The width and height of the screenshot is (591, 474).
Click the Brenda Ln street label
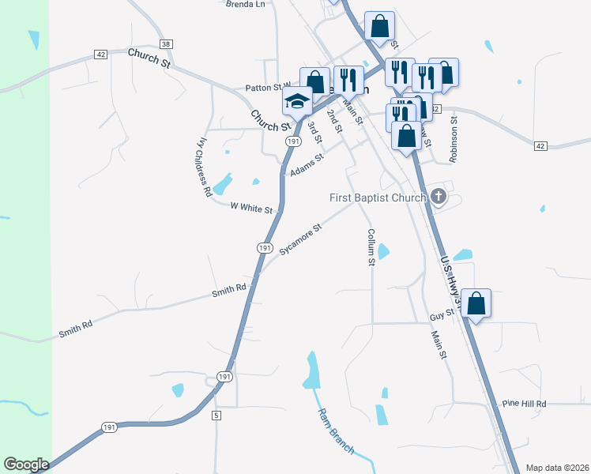click(x=245, y=4)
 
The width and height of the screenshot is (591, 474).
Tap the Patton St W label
click(x=269, y=88)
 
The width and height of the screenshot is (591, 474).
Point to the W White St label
click(x=251, y=209)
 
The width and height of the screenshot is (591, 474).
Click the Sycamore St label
click(x=301, y=239)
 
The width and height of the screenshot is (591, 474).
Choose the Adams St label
click(x=307, y=165)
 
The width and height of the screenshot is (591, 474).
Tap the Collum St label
click(x=371, y=247)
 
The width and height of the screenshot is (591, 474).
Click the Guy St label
click(x=442, y=314)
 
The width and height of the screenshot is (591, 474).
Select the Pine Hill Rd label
click(x=524, y=404)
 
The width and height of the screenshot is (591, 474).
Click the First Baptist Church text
click(x=378, y=197)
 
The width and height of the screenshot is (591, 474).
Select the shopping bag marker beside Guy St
click(x=476, y=303)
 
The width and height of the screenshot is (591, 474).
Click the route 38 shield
click(x=165, y=44)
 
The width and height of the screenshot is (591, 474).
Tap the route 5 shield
click(x=215, y=415)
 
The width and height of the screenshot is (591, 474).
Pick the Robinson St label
click(x=454, y=141)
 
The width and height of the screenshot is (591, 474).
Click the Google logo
click(x=27, y=465)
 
